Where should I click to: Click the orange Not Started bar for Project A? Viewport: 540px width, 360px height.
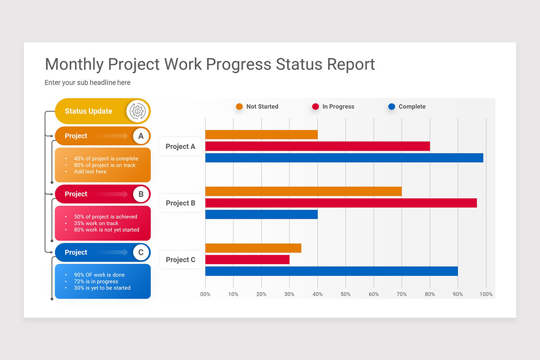(261, 135)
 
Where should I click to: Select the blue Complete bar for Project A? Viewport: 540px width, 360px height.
(344, 158)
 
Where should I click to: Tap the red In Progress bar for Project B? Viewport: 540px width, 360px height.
(341, 203)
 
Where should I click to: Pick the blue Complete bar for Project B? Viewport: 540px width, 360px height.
(261, 215)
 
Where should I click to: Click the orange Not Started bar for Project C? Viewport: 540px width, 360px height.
(253, 248)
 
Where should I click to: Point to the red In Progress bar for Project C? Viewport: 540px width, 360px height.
(247, 260)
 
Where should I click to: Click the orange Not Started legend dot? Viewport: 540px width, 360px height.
(239, 107)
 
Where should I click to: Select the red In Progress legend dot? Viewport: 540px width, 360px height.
(315, 107)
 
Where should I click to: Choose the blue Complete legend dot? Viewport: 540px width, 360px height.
(391, 107)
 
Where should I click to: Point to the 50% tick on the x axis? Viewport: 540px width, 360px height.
(346, 294)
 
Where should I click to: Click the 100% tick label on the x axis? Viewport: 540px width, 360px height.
(486, 294)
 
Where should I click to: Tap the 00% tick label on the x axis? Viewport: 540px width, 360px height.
(205, 294)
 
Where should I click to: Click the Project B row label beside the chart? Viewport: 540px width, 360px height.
(180, 203)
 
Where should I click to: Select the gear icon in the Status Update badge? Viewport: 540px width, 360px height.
(137, 111)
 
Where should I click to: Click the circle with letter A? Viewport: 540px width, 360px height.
(141, 136)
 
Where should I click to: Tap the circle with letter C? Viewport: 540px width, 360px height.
(141, 252)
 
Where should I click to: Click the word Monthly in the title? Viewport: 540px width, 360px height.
(74, 64)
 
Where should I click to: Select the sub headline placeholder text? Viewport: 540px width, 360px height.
(87, 83)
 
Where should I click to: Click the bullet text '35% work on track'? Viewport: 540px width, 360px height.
(96, 223)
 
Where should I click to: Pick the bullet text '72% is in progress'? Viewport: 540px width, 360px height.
(96, 281)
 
